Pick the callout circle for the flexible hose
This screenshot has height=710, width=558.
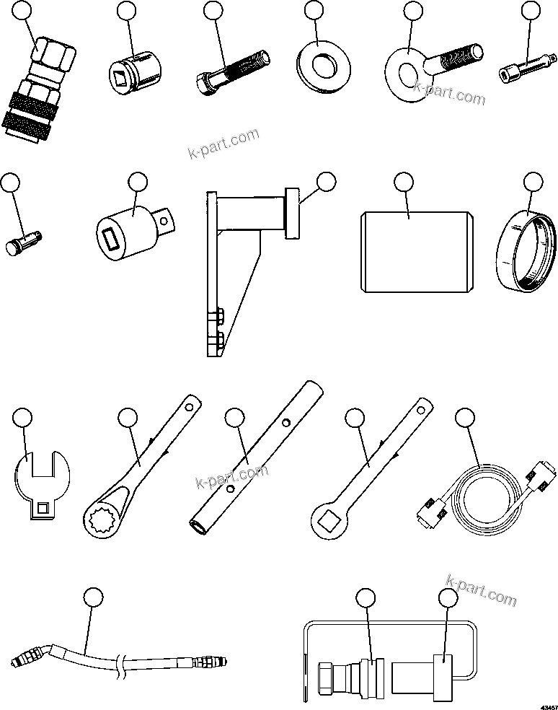point(93,597)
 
